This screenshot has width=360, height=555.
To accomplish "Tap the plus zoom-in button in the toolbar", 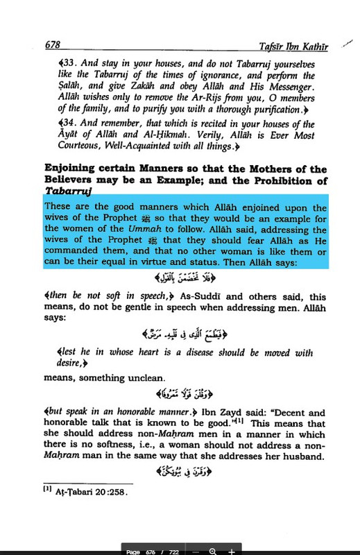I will [x=231, y=549].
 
